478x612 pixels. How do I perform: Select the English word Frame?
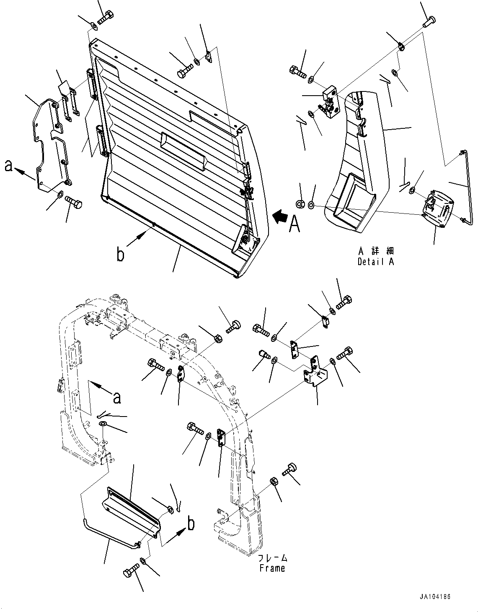pos(272,568)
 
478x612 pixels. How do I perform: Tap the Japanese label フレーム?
pos(272,558)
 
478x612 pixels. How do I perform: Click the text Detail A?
pos(376,262)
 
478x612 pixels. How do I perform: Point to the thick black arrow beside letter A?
pos(280,217)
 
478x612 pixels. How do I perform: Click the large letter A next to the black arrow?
pos(295,224)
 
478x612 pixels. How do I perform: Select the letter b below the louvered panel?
pos(121,255)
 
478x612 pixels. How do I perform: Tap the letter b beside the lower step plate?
pos(191,523)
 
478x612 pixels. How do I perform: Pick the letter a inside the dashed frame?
pos(117,397)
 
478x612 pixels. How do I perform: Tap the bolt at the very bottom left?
pos(131,571)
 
